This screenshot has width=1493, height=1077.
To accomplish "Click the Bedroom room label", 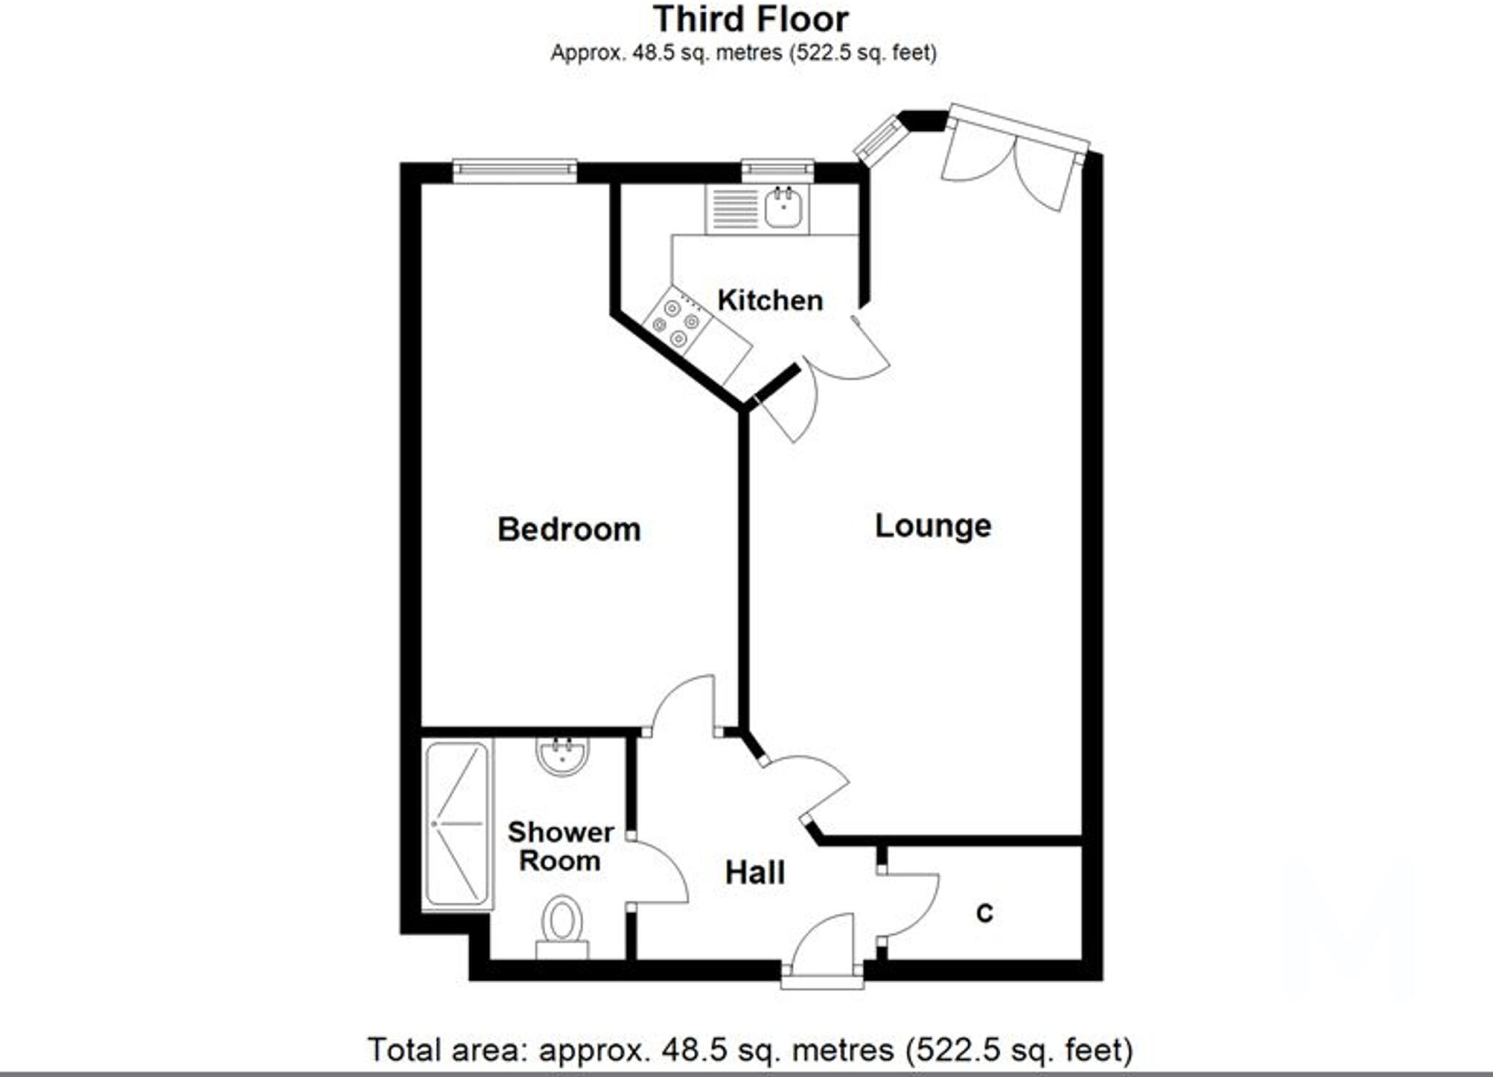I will tap(569, 529).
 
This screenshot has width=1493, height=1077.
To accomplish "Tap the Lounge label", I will tap(932, 526).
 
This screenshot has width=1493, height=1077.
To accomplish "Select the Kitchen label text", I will tap(770, 300).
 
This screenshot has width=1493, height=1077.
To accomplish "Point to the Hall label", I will tap(755, 872).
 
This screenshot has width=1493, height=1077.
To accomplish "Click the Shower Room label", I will tap(560, 846).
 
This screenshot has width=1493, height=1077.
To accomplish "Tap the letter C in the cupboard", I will tap(984, 912).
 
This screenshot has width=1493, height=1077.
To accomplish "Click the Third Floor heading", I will tap(750, 20).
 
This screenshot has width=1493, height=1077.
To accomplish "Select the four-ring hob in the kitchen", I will tap(675, 321).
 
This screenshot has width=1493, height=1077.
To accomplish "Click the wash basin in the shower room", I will tap(561, 755).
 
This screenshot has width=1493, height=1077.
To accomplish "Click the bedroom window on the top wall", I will tap(514, 171).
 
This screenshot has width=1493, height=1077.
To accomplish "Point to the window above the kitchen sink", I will tap(777, 171).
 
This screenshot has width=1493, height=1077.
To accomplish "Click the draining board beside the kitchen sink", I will tap(734, 208).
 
